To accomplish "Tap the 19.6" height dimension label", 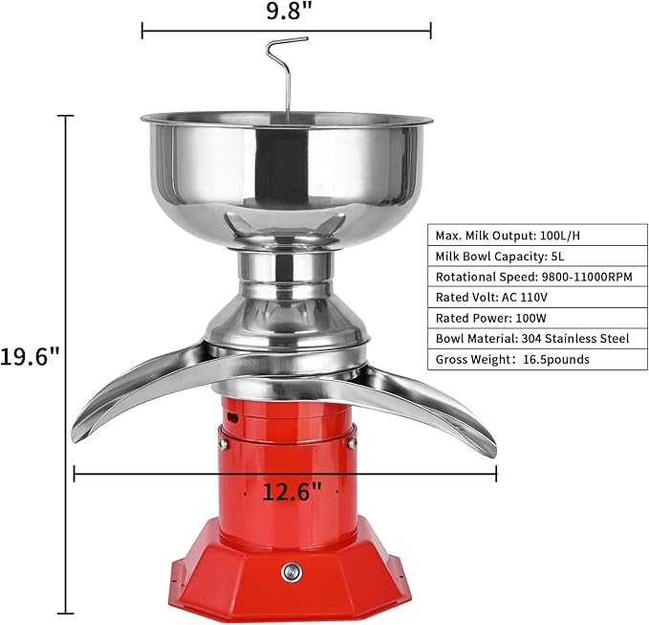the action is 30,356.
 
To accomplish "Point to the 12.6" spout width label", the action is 292,492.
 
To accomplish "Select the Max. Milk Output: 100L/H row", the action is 537,235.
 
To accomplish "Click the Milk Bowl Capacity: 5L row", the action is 537,257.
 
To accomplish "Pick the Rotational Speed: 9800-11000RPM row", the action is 537,277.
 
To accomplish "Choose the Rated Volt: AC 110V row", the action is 537,297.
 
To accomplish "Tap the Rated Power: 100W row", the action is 537,318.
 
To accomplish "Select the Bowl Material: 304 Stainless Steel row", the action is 537,339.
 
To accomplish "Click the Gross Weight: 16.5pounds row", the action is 537,359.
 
